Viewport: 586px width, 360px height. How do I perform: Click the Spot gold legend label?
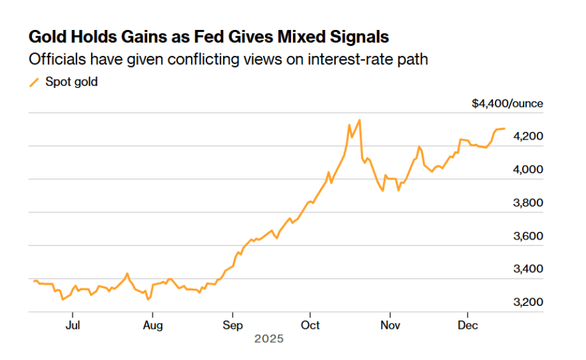click(71, 82)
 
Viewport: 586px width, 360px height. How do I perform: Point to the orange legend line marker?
click(34, 82)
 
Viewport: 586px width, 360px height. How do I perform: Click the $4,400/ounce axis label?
click(507, 103)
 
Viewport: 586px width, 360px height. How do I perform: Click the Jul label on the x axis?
click(73, 326)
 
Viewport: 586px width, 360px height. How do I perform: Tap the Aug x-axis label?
click(153, 326)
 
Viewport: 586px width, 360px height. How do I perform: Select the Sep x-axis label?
click(232, 326)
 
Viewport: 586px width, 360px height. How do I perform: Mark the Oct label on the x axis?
click(310, 326)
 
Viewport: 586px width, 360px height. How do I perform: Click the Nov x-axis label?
click(390, 326)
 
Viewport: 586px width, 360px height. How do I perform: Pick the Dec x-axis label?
click(468, 326)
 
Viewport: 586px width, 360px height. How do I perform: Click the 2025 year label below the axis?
click(269, 339)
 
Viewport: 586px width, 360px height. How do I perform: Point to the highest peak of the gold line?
click(360, 120)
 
